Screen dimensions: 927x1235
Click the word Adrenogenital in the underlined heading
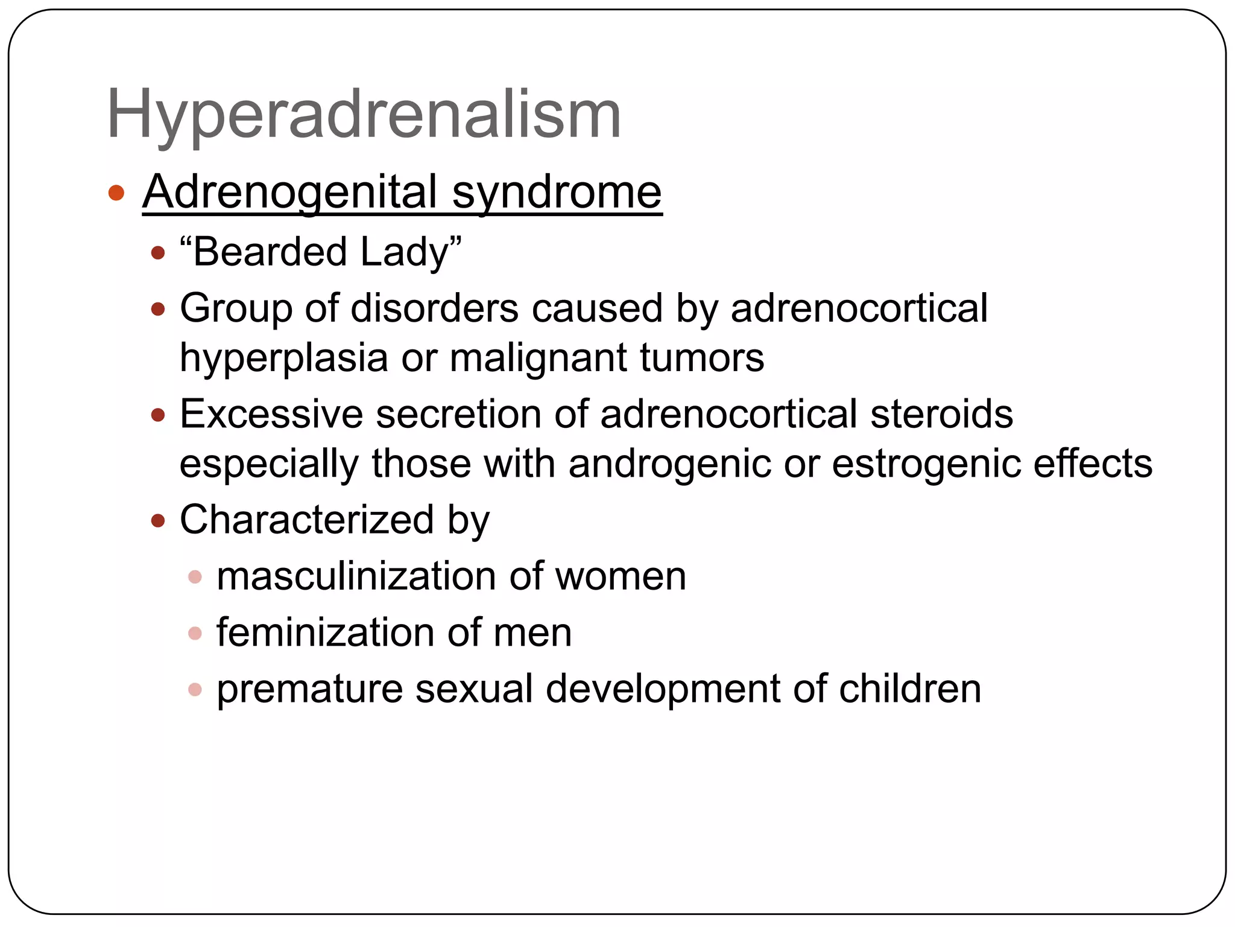289,193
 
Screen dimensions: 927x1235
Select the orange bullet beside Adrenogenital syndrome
116,193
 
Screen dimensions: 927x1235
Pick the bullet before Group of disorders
158,310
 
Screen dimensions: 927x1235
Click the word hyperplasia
283,358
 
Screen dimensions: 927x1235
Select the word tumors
702,358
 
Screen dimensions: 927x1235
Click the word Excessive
271,415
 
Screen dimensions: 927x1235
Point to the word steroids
941,415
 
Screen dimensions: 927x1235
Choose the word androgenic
669,464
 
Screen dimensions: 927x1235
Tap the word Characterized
306,520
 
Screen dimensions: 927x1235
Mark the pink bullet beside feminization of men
195,633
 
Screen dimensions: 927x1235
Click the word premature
309,689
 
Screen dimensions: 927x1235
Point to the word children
910,689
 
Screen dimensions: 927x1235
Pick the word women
621,576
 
